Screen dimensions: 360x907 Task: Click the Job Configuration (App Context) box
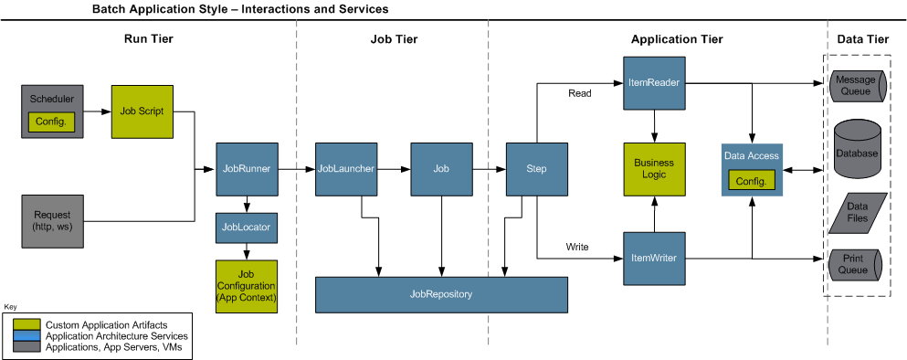(x=246, y=287)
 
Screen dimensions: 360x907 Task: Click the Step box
(x=536, y=169)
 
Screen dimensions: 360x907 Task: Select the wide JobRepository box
(x=441, y=295)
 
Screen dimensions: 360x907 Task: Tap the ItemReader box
(x=654, y=83)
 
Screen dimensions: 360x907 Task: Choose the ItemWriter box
(x=654, y=259)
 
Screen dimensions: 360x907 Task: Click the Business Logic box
(x=654, y=169)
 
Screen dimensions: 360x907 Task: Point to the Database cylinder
(x=857, y=153)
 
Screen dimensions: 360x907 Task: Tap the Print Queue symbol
(x=855, y=264)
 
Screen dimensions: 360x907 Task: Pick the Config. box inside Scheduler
(x=51, y=122)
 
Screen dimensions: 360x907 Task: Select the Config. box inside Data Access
(x=751, y=181)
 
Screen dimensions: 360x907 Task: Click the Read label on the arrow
(x=579, y=93)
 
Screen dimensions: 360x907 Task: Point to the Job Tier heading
(x=393, y=39)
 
